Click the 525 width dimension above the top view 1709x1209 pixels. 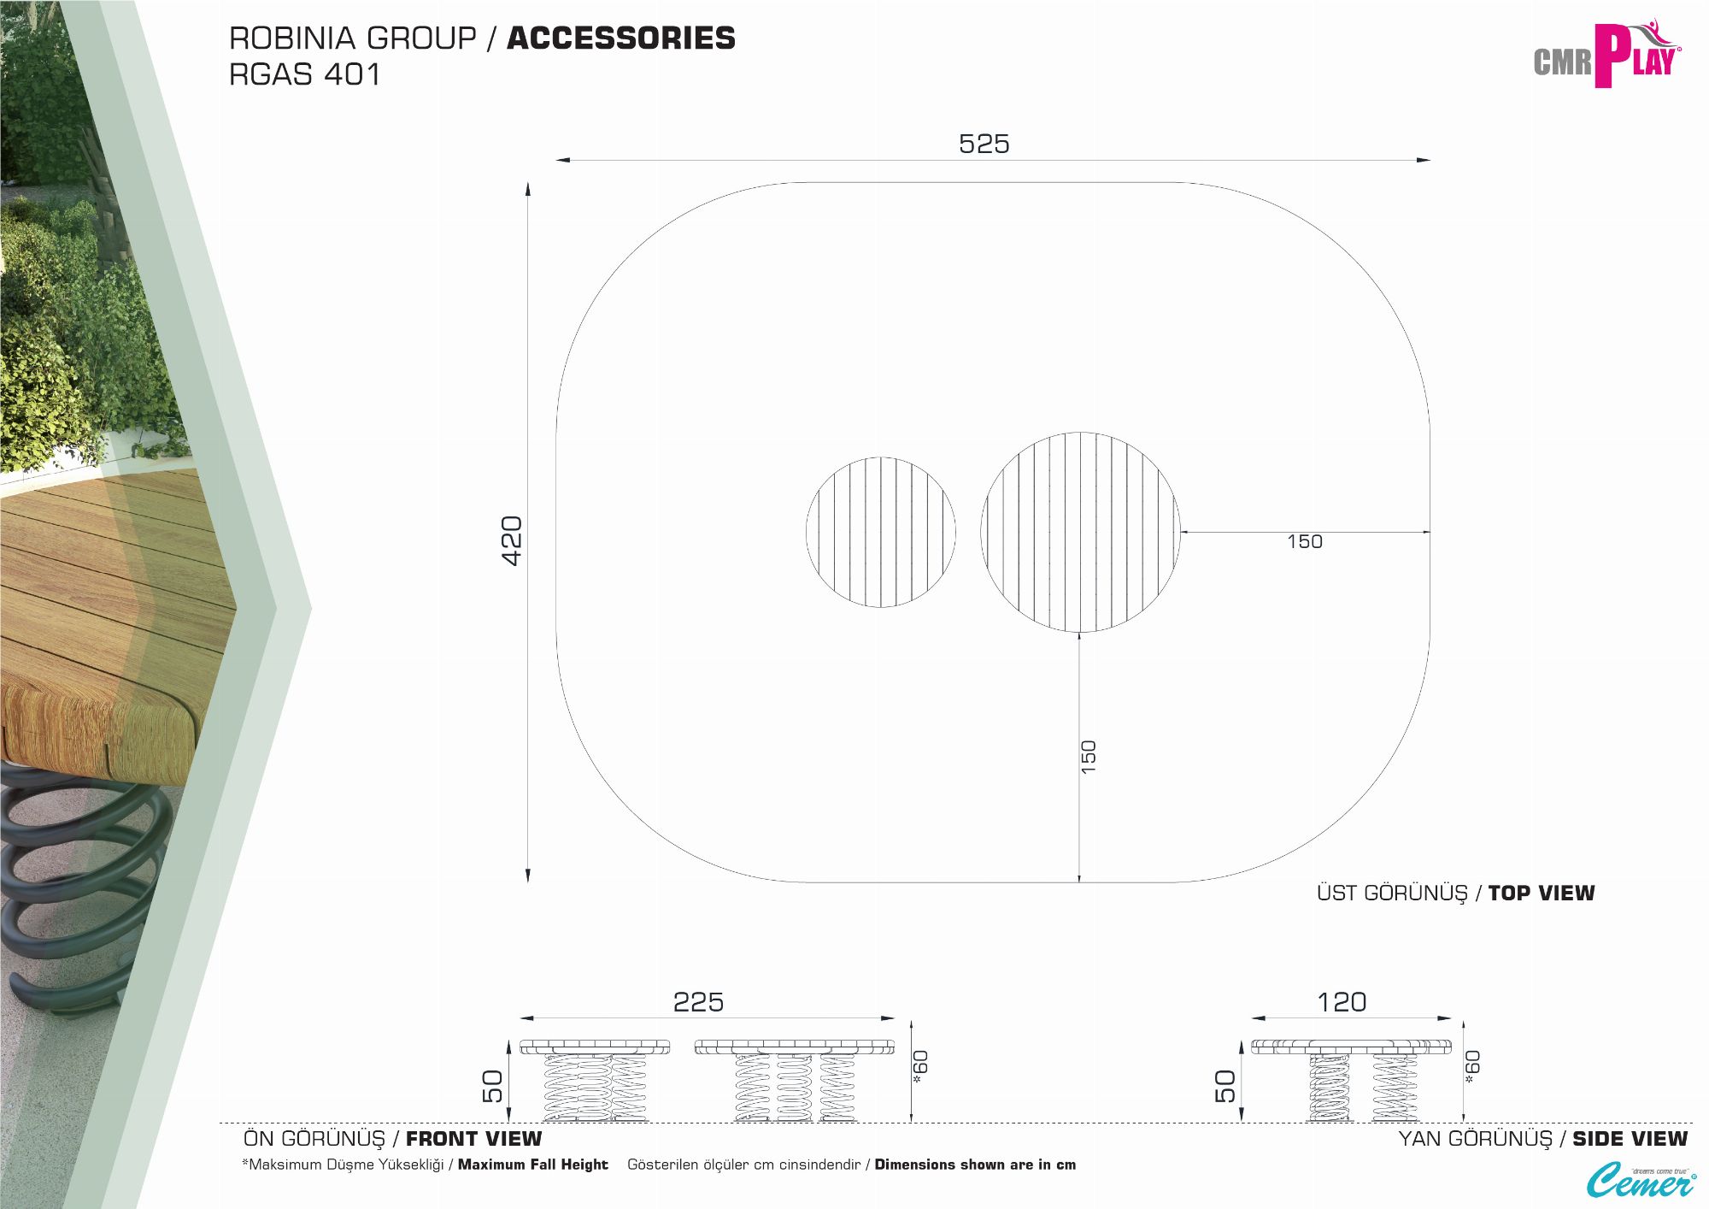click(x=984, y=144)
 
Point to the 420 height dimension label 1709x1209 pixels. click(x=512, y=540)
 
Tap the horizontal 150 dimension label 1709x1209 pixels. click(x=1305, y=542)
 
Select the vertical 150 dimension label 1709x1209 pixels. click(x=1089, y=758)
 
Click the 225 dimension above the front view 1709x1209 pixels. click(x=698, y=1002)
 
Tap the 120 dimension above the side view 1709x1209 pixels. click(x=1342, y=1002)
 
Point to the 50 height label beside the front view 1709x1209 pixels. click(x=493, y=1086)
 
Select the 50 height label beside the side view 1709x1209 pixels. click(x=1225, y=1086)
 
